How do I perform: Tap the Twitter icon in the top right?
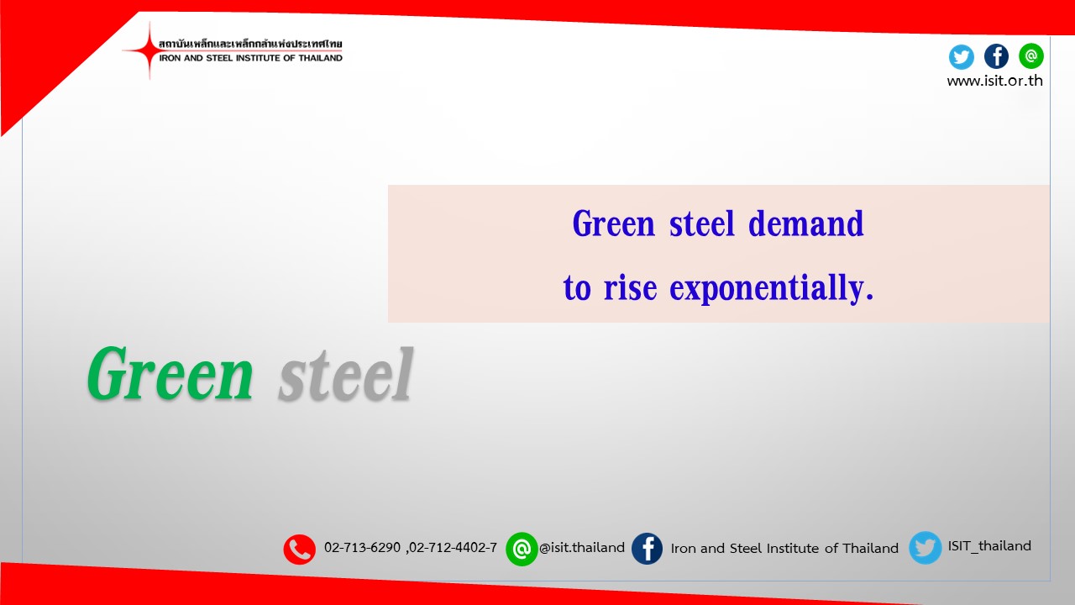(961, 56)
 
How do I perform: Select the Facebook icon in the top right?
(996, 56)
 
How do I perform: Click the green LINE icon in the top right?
(1031, 55)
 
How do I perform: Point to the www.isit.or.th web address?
(994, 82)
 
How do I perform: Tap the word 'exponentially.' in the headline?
(772, 288)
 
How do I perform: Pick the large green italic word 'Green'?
(170, 375)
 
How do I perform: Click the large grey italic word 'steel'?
(345, 375)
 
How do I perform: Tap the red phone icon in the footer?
(299, 550)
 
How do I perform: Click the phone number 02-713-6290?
(362, 548)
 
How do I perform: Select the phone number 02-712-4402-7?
(453, 548)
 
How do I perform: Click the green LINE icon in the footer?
(522, 550)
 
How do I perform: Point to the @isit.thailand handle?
(582, 548)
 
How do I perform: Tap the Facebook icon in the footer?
(647, 549)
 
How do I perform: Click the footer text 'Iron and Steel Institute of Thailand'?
(784, 548)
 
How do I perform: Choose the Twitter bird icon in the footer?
(925, 548)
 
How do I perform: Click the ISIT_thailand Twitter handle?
(989, 546)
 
